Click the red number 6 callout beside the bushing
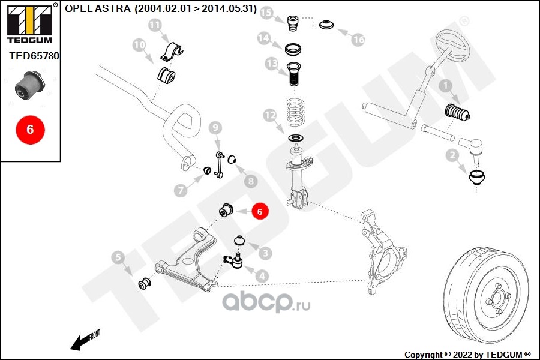tap(259, 211)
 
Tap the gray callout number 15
tap(266, 13)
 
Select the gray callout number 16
tap(358, 40)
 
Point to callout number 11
tap(155, 25)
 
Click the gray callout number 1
tap(445, 86)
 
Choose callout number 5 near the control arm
tap(118, 258)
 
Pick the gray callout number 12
tap(269, 114)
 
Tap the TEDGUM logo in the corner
tap(28, 23)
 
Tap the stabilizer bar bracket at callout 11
tap(172, 52)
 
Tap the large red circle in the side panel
tap(30, 129)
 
